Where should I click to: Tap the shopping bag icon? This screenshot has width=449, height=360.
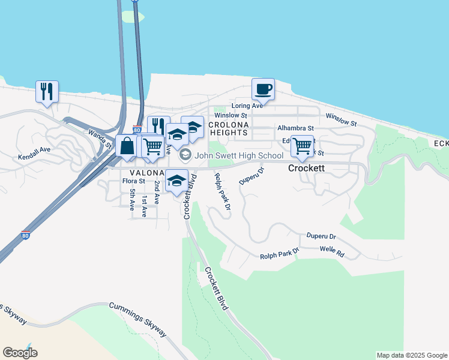[x=127, y=146]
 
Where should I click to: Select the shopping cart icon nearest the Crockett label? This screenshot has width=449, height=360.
[x=302, y=145]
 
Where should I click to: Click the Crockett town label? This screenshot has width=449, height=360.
[x=307, y=169]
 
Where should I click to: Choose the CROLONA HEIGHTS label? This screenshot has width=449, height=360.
[x=228, y=128]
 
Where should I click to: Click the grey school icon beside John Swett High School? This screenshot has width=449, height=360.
[x=185, y=155]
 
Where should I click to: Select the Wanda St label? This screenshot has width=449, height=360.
[x=100, y=139]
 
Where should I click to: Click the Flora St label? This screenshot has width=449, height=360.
[x=133, y=181]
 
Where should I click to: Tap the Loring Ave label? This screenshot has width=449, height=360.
[x=249, y=106]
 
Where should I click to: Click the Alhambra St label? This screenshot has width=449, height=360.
[x=295, y=128]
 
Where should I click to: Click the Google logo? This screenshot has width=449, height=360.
[x=20, y=353]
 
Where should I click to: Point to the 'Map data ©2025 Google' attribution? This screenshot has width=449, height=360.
[x=412, y=356]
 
